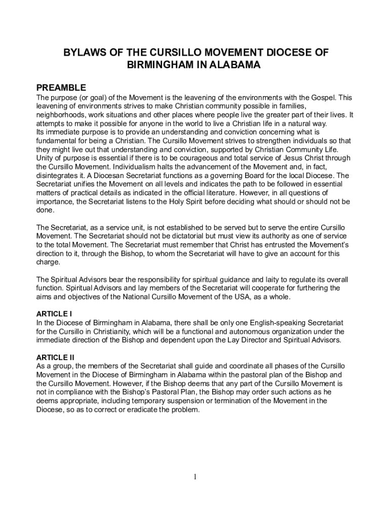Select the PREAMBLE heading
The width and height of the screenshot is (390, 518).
point(61,87)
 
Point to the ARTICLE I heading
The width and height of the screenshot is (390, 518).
point(54,314)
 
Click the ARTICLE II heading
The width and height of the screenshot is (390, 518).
point(55,357)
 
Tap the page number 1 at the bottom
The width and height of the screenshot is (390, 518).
point(195,477)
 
